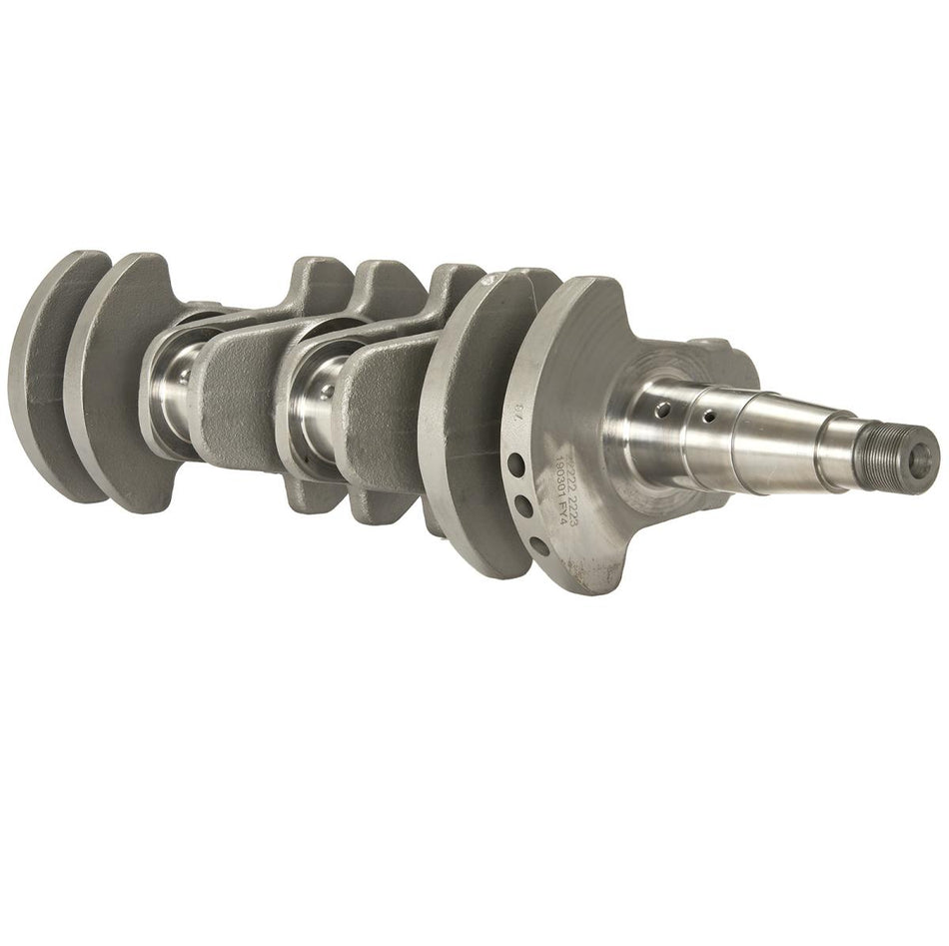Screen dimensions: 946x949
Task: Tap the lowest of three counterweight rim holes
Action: pos(536,544)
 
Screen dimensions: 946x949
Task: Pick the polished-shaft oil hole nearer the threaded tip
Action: pos(708,414)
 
